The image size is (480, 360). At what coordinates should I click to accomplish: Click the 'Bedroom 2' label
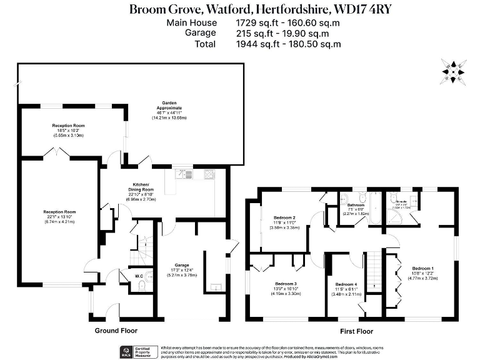(284, 218)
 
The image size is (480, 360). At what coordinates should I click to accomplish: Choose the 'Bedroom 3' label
(286, 284)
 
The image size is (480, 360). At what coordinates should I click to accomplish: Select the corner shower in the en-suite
(396, 216)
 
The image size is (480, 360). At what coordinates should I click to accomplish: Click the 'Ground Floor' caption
(116, 330)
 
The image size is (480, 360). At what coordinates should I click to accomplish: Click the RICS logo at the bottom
(126, 351)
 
